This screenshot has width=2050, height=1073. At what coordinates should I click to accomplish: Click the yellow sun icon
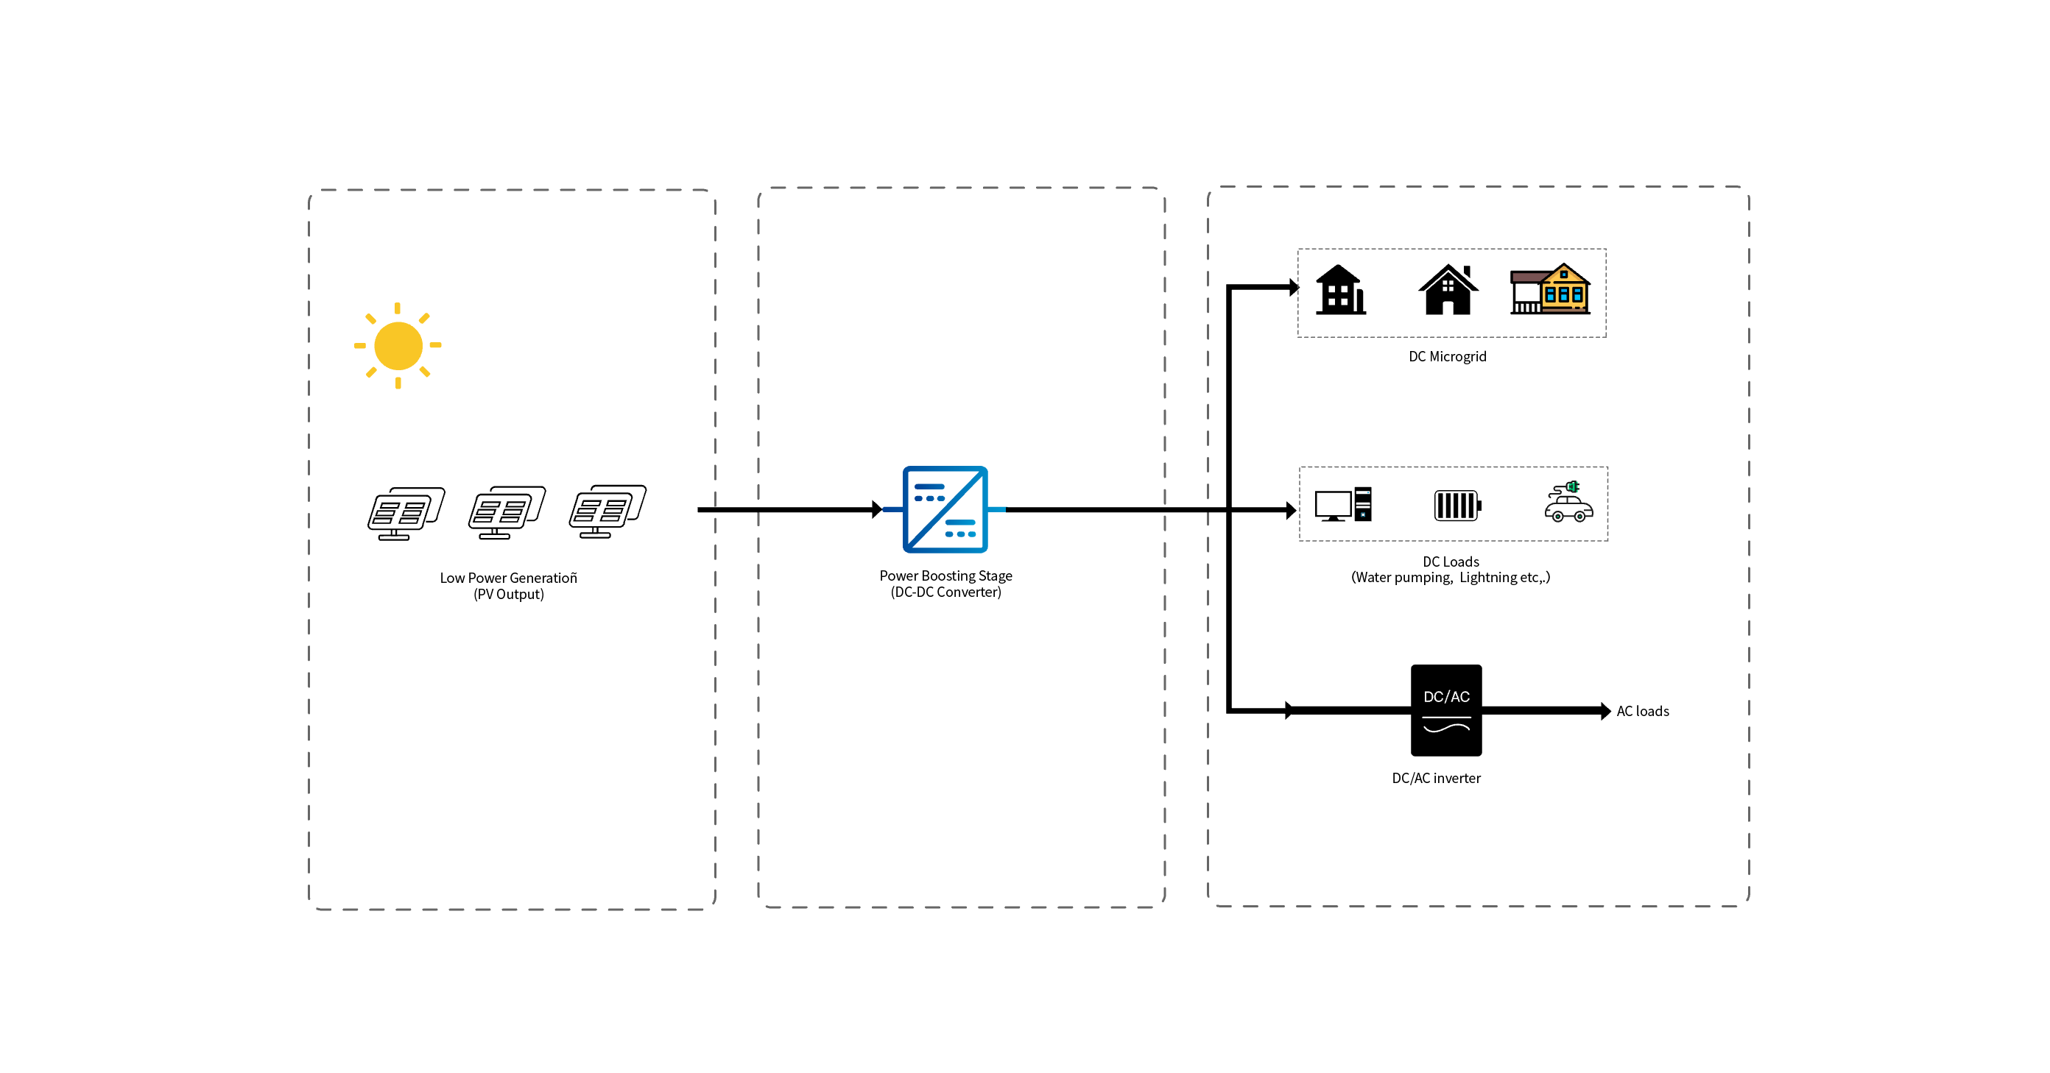(398, 345)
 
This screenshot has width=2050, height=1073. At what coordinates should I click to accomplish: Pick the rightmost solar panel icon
(607, 511)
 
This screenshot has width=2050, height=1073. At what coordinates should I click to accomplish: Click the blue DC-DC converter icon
(945, 509)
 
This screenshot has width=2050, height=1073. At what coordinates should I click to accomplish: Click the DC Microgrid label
(1447, 356)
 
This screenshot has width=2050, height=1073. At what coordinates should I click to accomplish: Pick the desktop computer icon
(1342, 504)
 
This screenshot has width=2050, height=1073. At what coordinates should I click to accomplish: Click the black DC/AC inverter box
(1446, 709)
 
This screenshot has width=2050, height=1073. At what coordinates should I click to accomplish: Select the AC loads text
(1643, 711)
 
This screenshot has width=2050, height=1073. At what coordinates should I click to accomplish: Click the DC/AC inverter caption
(1436, 778)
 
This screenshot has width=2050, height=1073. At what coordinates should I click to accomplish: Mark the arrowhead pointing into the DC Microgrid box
(1293, 287)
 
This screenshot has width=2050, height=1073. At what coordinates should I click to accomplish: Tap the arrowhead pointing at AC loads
(1605, 711)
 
